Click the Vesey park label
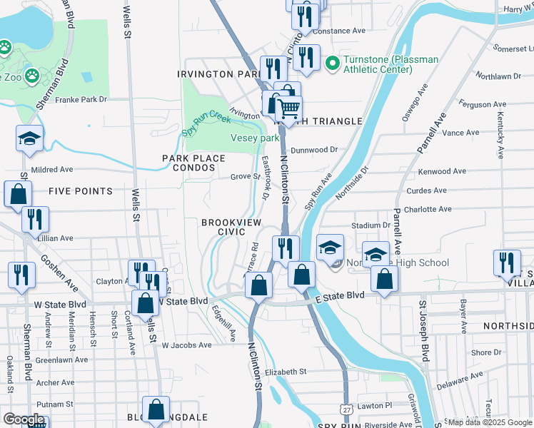click(255, 138)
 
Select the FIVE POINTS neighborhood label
click(81, 191)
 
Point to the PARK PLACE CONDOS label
click(188, 163)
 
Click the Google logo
click(24, 419)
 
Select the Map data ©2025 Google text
click(490, 422)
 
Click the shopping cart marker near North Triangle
click(288, 109)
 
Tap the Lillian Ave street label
click(57, 238)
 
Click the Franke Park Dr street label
click(81, 100)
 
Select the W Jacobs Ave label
click(186, 345)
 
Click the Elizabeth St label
click(285, 372)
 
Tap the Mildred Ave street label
click(52, 170)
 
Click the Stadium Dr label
click(376, 225)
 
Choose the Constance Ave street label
click(338, 31)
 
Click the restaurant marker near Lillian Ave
click(34, 218)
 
